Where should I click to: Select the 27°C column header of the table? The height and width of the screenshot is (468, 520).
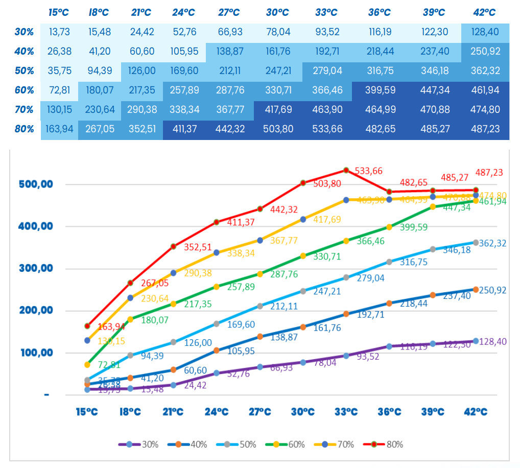229,12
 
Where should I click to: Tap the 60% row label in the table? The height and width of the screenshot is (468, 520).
24,90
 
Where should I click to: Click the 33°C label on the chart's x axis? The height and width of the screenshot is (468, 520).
346,412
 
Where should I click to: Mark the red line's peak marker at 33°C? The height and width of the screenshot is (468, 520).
346,170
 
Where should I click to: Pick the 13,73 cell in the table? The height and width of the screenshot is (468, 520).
60,32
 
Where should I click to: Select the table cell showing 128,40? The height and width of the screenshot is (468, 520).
486,32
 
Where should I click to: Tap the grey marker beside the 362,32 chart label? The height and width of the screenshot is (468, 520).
476,243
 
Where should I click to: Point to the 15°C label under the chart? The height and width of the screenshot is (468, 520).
87,412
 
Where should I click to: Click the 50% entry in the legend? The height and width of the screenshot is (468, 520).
247,444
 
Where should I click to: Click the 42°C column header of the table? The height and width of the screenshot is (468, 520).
486,12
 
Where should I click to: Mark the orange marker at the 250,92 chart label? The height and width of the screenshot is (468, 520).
476,290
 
